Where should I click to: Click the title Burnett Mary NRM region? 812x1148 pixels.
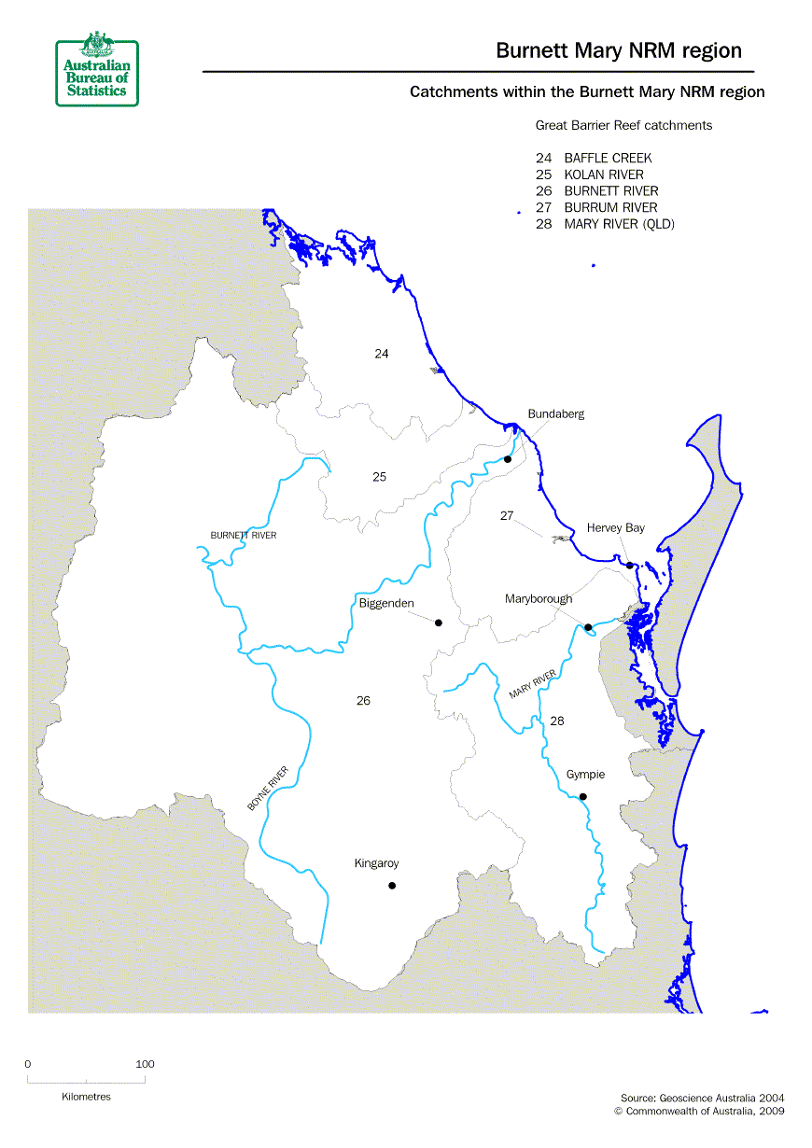pyautogui.click(x=619, y=50)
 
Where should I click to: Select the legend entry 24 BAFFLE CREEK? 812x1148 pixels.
pyautogui.click(x=594, y=159)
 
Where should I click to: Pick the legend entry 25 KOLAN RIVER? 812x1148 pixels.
pyautogui.click(x=589, y=175)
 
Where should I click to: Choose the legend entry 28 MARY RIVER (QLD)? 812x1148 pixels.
pyautogui.click(x=605, y=224)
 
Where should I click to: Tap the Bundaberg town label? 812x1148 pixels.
pyautogui.click(x=555, y=413)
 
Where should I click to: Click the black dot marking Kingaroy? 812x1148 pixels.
pyautogui.click(x=392, y=885)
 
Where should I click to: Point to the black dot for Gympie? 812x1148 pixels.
pyautogui.click(x=582, y=796)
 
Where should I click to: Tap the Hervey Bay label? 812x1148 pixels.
pyautogui.click(x=615, y=528)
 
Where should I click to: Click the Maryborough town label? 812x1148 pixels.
pyautogui.click(x=538, y=598)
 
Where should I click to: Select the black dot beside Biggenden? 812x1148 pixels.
pyautogui.click(x=438, y=622)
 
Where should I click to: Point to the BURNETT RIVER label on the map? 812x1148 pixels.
pyautogui.click(x=244, y=536)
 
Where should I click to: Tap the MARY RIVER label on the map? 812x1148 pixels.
pyautogui.click(x=533, y=685)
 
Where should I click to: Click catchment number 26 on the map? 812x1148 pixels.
pyautogui.click(x=363, y=700)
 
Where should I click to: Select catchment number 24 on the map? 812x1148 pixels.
pyautogui.click(x=381, y=354)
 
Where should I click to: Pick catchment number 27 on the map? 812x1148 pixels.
pyautogui.click(x=507, y=515)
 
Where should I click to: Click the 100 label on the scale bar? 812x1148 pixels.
pyautogui.click(x=145, y=1064)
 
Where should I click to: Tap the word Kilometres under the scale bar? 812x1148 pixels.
pyautogui.click(x=86, y=1097)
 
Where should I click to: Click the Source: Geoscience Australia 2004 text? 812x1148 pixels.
pyautogui.click(x=702, y=1098)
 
